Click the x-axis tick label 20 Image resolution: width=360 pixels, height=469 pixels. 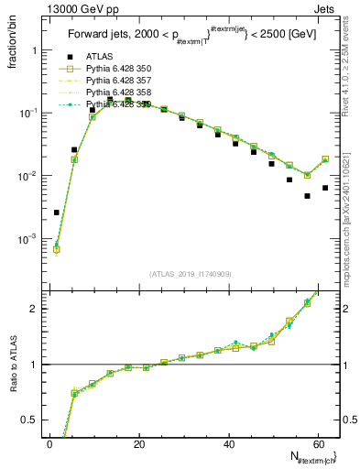click(x=138, y=444)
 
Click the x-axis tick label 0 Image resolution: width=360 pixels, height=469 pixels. click(x=49, y=444)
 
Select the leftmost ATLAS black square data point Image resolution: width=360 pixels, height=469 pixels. click(x=57, y=213)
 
